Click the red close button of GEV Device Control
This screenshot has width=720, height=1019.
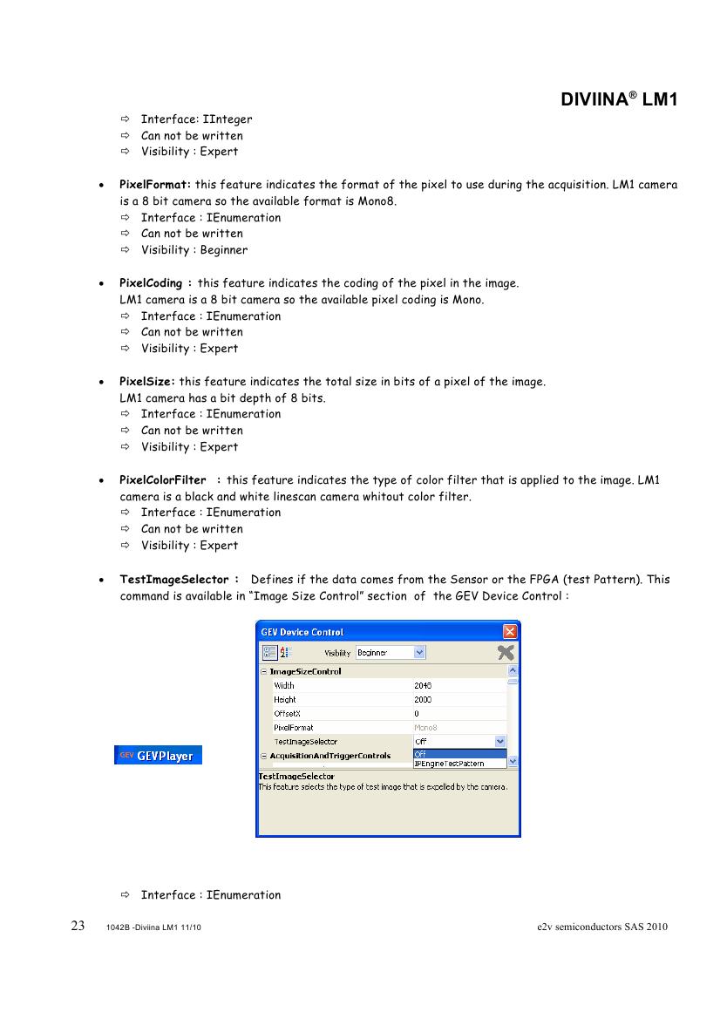[511, 631]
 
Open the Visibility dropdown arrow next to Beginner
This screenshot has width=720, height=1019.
[420, 652]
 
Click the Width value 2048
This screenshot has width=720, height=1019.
[423, 686]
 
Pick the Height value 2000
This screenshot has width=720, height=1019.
[423, 700]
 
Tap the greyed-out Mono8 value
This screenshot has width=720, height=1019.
[425, 728]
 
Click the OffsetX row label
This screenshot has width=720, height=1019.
[287, 714]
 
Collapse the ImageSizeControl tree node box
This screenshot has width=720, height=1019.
[263, 672]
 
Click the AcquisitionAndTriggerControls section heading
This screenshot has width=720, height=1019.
[330, 756]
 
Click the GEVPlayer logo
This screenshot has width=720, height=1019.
[159, 756]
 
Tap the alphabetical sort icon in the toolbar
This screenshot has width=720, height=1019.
[286, 652]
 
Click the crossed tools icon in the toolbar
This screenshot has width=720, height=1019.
[505, 652]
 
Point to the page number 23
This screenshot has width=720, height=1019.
[78, 926]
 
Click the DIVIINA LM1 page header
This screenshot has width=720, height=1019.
[619, 100]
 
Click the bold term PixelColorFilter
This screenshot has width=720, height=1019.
[163, 480]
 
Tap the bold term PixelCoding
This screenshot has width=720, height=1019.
[151, 283]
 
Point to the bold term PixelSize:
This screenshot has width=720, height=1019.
[147, 382]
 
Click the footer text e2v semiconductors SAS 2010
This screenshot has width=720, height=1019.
[602, 927]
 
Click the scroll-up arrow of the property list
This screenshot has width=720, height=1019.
[513, 671]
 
